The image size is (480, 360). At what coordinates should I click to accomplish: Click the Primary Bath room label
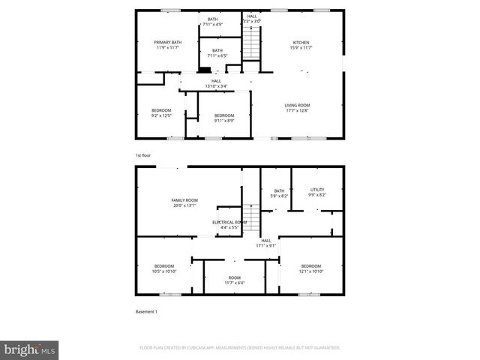[168, 42]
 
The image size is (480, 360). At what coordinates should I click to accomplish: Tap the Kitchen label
[301, 42]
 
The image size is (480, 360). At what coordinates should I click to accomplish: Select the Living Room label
[297, 104]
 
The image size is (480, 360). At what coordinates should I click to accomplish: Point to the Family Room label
[184, 199]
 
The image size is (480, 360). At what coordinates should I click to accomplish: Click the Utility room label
[316, 190]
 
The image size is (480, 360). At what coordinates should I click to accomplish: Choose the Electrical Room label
[229, 222]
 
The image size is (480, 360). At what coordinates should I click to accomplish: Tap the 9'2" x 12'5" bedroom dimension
[161, 116]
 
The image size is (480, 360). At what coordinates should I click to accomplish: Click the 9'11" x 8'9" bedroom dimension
[224, 120]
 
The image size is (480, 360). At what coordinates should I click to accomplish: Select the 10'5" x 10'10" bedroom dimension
[164, 271]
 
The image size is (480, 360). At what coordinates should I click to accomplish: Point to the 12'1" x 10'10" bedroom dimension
[310, 271]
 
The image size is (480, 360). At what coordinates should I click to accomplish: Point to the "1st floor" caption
[142, 154]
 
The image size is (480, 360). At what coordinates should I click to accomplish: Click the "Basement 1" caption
[146, 311]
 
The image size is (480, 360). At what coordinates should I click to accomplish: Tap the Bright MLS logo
[30, 349]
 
